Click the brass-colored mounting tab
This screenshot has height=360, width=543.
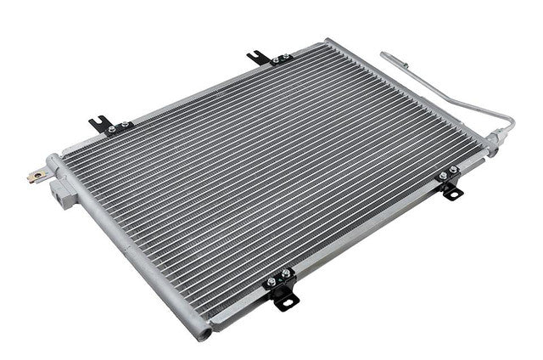click(36, 177)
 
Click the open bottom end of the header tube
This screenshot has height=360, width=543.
click(203, 334)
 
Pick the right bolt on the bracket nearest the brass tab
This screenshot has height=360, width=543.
click(124, 127)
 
